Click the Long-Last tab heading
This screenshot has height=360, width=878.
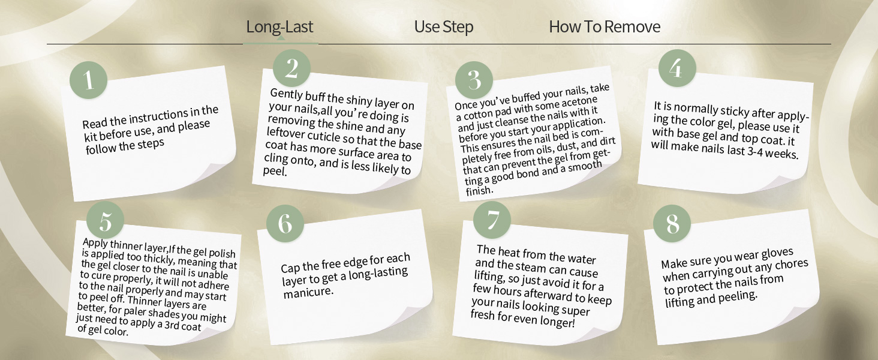[279, 26]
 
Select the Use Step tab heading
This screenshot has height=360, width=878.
[444, 26]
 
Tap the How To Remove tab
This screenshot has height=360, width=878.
[605, 26]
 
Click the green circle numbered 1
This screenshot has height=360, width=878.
[89, 80]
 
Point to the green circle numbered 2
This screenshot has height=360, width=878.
[291, 68]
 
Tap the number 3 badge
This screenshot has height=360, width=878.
[474, 80]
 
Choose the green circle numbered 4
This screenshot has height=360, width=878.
[677, 68]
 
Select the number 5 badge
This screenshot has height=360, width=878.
[105, 220]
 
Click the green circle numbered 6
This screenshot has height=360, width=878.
[285, 224]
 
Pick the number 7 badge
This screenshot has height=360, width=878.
[492, 220]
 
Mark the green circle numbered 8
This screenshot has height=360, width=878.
[672, 224]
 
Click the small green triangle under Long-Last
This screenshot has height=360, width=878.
[280, 38]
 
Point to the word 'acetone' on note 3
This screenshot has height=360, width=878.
[580, 103]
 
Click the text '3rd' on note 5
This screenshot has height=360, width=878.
[172, 325]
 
